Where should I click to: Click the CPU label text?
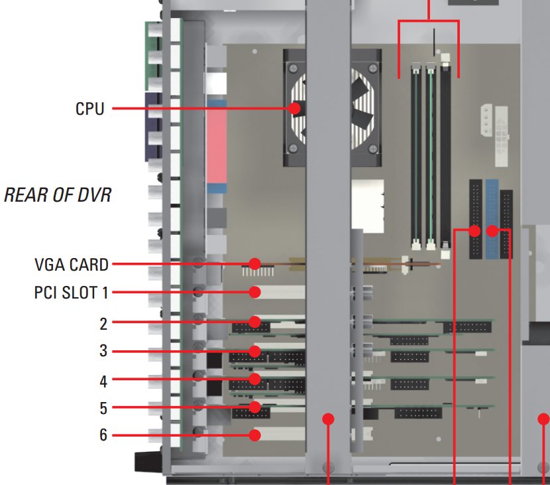(x=89, y=108)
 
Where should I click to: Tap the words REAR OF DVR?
(x=57, y=195)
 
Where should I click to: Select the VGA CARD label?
(x=72, y=265)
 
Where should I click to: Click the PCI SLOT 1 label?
(x=72, y=292)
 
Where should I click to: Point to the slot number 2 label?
(x=103, y=324)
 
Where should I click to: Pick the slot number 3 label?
(x=103, y=351)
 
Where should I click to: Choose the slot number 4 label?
(x=103, y=381)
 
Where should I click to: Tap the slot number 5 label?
(x=103, y=407)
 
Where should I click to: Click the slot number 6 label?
(x=103, y=435)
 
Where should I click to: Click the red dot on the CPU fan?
(x=295, y=107)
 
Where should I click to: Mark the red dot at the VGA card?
(x=255, y=264)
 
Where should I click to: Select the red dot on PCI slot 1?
(x=255, y=292)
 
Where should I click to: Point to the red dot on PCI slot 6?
(x=255, y=435)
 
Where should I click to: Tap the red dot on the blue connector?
(x=492, y=231)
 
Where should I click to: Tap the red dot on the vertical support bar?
(x=328, y=419)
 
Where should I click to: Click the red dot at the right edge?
(x=543, y=419)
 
